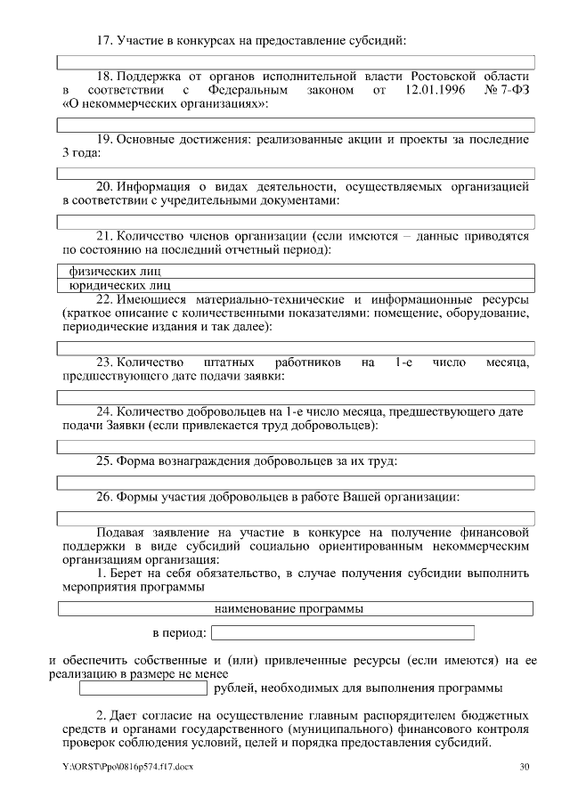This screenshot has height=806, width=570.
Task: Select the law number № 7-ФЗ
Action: [x=505, y=91]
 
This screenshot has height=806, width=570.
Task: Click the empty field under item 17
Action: [x=296, y=62]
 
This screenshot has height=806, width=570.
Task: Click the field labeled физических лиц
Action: [x=296, y=271]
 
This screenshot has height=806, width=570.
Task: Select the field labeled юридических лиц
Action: [x=296, y=285]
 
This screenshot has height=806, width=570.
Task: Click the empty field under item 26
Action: [x=296, y=517]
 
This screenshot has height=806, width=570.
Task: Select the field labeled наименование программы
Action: [x=296, y=609]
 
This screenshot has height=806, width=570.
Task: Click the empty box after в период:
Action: [x=343, y=633]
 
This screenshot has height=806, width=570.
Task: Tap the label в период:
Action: [x=179, y=633]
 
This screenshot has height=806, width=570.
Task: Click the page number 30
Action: [x=524, y=767]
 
